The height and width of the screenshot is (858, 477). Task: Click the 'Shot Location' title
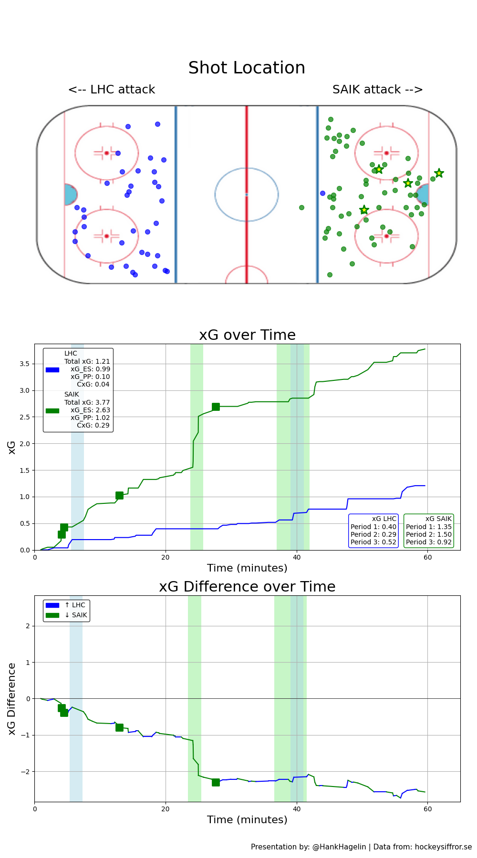point(247,68)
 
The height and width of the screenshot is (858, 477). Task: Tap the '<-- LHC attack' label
point(112,90)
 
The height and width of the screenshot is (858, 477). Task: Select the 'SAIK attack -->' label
point(377,90)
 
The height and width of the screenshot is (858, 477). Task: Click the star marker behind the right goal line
point(439,173)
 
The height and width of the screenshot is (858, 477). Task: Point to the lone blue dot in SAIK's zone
point(322,193)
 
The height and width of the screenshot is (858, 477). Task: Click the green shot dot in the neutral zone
point(301,207)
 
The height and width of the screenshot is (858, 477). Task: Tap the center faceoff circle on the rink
point(247,194)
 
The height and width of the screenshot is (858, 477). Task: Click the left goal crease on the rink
point(70,194)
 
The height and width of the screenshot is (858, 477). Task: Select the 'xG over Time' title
point(247,335)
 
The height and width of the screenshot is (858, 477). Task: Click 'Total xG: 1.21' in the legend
point(87,361)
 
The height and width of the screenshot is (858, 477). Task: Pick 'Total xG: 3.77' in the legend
point(87,402)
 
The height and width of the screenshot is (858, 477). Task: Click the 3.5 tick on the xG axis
point(24,364)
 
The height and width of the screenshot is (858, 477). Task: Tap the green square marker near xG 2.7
point(216,407)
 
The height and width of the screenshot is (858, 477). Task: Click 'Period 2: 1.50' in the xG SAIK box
point(428,534)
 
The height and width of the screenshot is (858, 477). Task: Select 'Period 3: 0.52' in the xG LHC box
point(373,542)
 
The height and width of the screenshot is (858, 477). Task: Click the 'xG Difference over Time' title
point(247,587)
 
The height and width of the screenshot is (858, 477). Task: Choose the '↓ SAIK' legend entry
point(76,615)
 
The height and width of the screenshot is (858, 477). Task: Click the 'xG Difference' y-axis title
point(12,698)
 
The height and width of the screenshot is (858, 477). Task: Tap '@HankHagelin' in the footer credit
point(339,847)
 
